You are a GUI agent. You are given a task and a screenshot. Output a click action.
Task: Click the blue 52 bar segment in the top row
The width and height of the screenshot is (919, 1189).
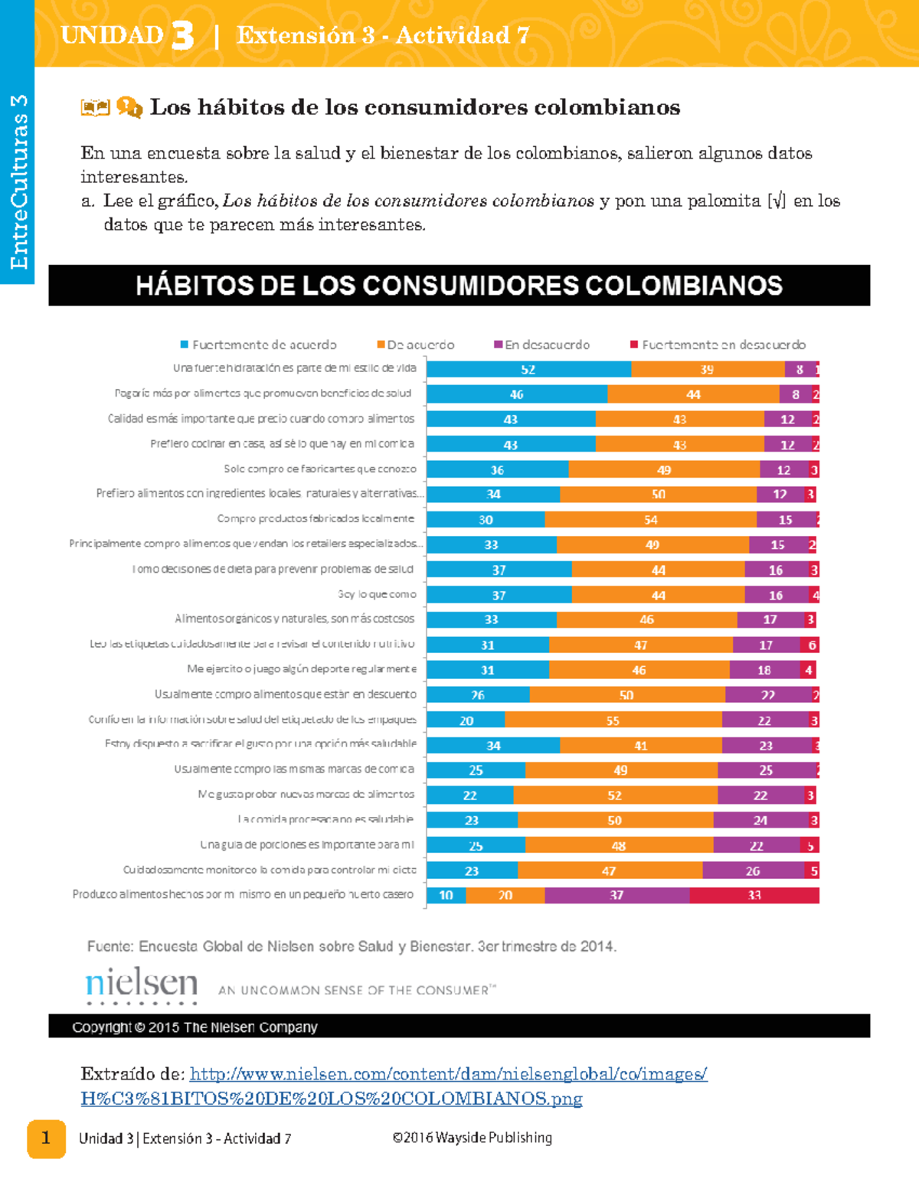[528, 369]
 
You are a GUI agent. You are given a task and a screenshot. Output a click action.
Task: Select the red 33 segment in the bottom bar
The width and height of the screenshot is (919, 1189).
[754, 895]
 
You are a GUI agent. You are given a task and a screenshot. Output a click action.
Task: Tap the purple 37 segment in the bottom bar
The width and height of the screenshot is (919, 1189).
[616, 895]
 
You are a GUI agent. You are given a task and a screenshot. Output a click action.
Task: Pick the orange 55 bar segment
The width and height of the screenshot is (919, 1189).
[613, 720]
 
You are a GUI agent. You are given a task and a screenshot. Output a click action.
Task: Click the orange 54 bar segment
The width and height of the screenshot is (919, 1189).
[650, 520]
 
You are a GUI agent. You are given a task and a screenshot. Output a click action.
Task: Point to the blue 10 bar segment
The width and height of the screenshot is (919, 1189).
[446, 895]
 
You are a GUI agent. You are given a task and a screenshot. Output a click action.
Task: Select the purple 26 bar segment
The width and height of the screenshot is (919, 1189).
[753, 871]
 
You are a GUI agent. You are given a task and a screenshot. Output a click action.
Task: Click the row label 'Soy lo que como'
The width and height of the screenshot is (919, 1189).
[377, 594]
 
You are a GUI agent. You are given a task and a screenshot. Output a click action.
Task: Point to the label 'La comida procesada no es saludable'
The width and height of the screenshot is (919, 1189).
[325, 819]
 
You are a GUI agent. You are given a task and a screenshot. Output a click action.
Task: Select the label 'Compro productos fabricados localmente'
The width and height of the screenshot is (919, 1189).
[316, 519]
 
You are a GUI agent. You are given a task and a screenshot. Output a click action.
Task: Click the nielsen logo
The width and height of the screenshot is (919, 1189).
[142, 985]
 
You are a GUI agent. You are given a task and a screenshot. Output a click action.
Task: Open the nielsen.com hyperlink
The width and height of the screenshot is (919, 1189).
[448, 1074]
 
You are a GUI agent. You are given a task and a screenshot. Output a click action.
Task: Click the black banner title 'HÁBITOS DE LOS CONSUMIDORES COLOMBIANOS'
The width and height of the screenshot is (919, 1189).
[459, 286]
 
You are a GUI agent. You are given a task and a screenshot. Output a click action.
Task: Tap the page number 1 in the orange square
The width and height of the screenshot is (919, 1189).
[46, 1138]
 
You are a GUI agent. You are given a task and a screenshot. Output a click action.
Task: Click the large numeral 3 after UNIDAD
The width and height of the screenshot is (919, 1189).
[182, 36]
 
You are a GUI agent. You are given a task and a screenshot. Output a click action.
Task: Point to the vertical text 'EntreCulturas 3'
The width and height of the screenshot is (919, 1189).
[18, 181]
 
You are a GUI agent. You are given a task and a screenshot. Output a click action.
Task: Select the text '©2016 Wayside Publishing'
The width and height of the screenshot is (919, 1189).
[472, 1138]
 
